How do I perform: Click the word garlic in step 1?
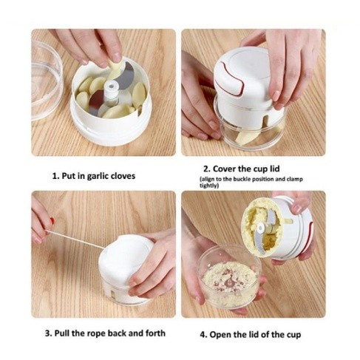(x=98, y=177)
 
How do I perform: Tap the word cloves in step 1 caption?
(x=123, y=176)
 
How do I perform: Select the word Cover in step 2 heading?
(x=225, y=169)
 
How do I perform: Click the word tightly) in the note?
(x=209, y=186)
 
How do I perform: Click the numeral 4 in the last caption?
(x=203, y=335)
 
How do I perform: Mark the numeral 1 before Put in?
(x=55, y=177)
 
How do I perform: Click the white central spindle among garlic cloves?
(x=110, y=93)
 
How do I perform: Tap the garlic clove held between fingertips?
(x=115, y=69)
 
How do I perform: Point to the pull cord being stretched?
(x=75, y=240)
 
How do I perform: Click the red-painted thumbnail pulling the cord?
(x=52, y=220)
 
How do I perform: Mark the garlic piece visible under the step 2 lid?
(x=246, y=138)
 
